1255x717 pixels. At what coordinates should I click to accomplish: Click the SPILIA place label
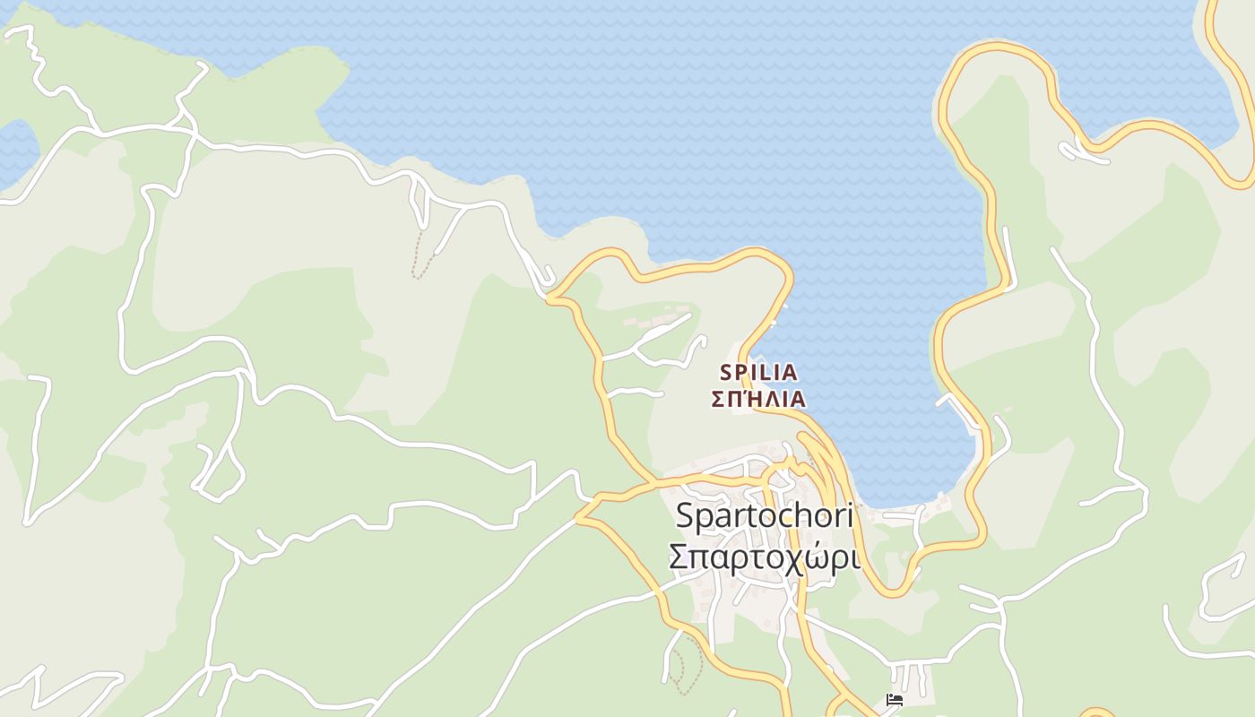coord(758,371)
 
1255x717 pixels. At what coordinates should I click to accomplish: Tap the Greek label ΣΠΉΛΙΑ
coord(758,400)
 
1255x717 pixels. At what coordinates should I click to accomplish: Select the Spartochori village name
coord(764,516)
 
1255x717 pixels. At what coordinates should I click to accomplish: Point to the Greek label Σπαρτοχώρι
coord(764,557)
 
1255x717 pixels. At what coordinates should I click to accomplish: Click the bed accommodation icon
coord(893,700)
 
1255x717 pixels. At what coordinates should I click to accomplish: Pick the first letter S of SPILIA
coord(727,371)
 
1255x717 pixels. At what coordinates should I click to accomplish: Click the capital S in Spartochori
coord(685,516)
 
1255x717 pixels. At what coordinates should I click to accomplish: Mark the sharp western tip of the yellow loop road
coord(577,517)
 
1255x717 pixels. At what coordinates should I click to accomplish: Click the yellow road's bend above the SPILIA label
coord(787,269)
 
